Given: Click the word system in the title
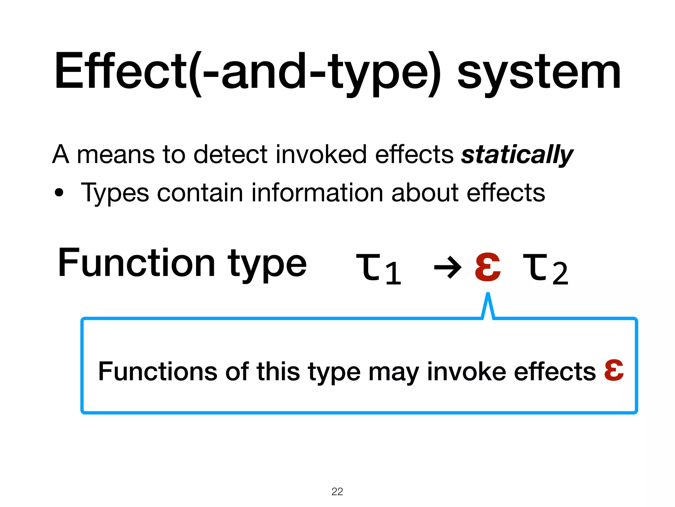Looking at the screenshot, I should tap(539, 74).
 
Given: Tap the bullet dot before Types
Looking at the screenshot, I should tap(59, 192).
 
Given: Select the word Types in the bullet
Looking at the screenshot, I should tap(115, 193).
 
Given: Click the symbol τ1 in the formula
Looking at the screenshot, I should tap(378, 268).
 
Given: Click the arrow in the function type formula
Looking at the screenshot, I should tap(448, 267).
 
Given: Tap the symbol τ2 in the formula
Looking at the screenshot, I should tap(545, 268).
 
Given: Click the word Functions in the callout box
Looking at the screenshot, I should tap(158, 371).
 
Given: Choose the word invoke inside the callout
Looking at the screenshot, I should tap(466, 371).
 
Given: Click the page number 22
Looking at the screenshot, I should tap(337, 491).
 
